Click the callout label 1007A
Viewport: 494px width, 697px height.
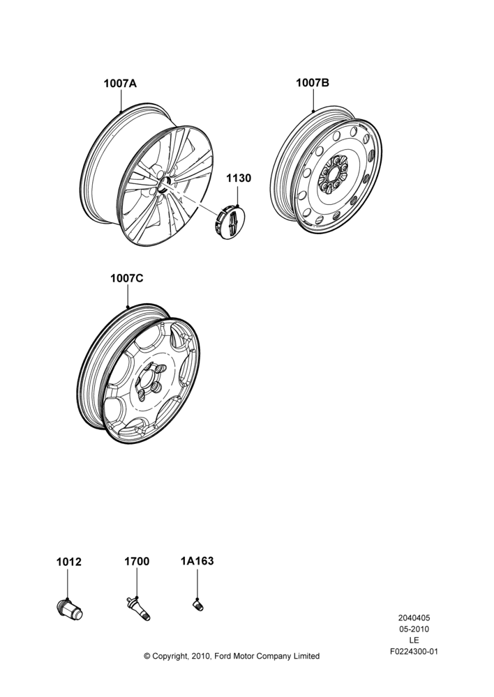tap(120, 83)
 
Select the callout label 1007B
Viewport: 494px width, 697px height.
tap(313, 82)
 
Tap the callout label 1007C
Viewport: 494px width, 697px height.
tap(127, 278)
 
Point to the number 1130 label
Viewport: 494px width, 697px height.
tap(239, 178)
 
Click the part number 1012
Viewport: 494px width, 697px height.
tap(69, 562)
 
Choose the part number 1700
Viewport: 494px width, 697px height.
tap(137, 561)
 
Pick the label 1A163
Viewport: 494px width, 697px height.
tap(197, 561)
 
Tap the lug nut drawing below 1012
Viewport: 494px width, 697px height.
tap(70, 608)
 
